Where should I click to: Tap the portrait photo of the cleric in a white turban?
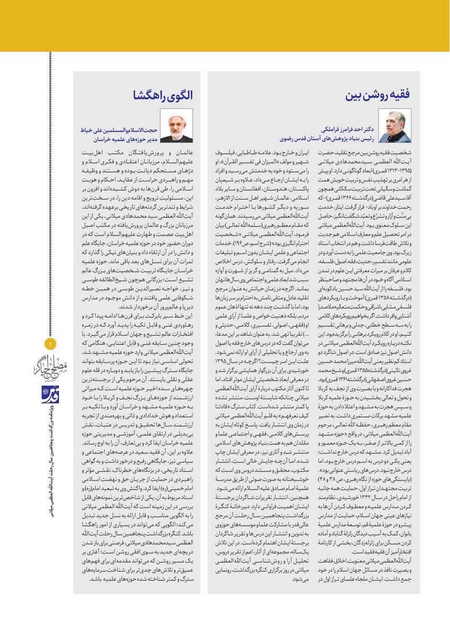[177, 126]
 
